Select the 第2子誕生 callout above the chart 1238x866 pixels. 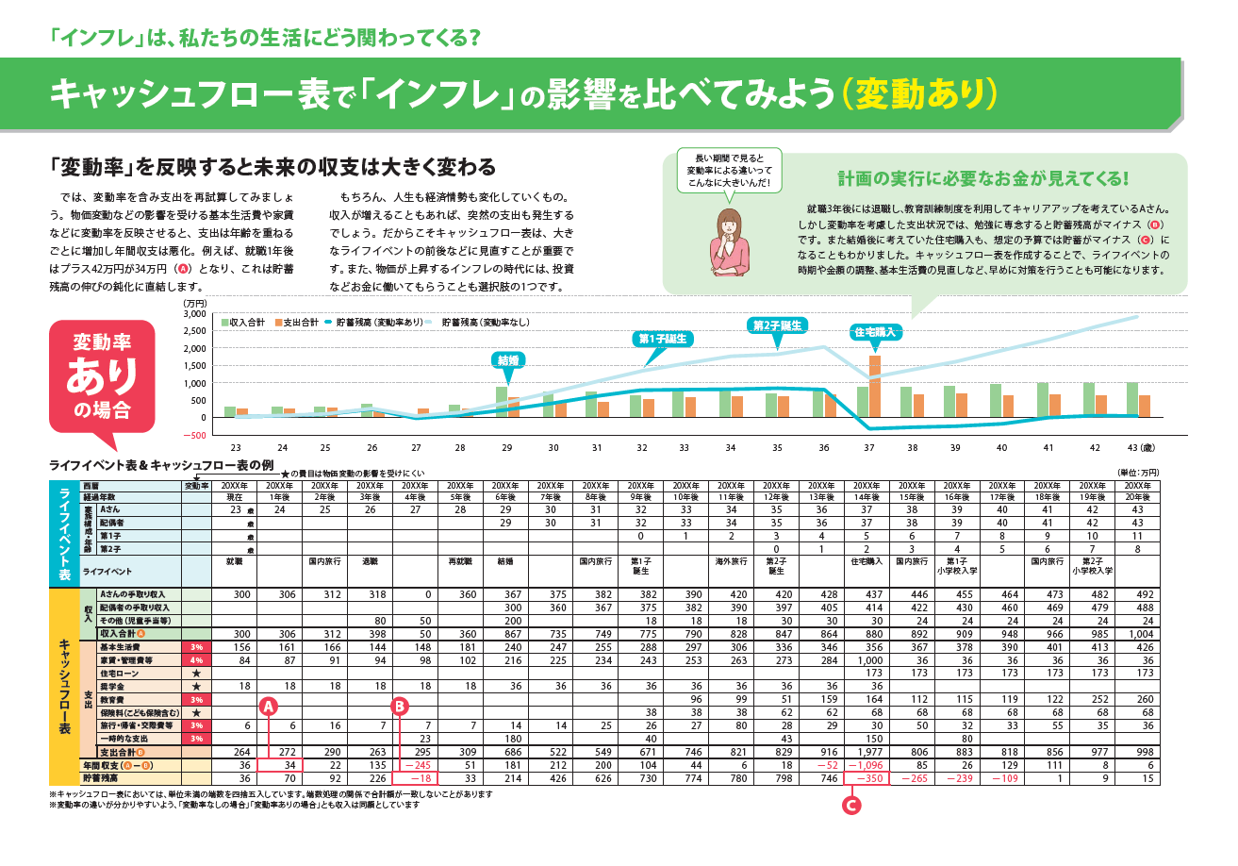pyautogui.click(x=778, y=325)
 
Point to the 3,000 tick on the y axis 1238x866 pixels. pyautogui.click(x=194, y=314)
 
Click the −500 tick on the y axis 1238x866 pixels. pyautogui.click(x=193, y=435)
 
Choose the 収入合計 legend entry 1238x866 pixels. pyautogui.click(x=244, y=323)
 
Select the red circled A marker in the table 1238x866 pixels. pyautogui.click(x=268, y=705)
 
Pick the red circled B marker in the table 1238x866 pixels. pyautogui.click(x=400, y=705)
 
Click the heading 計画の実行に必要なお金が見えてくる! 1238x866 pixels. pyautogui.click(x=983, y=179)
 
